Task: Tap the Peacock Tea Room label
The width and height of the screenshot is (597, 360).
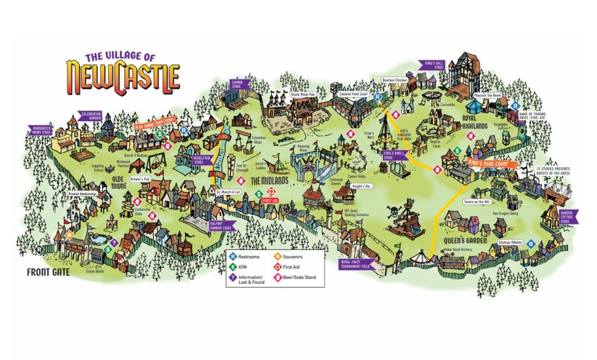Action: pyautogui.click(x=487, y=94)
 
